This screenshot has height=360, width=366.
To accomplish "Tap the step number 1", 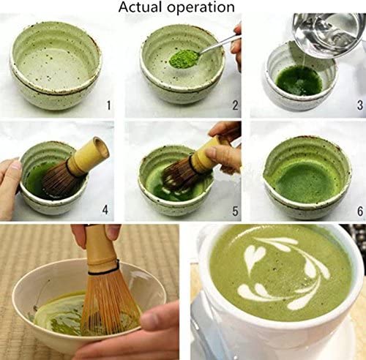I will coord(108,105).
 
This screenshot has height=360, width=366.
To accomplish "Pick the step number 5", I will coord(234,211).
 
